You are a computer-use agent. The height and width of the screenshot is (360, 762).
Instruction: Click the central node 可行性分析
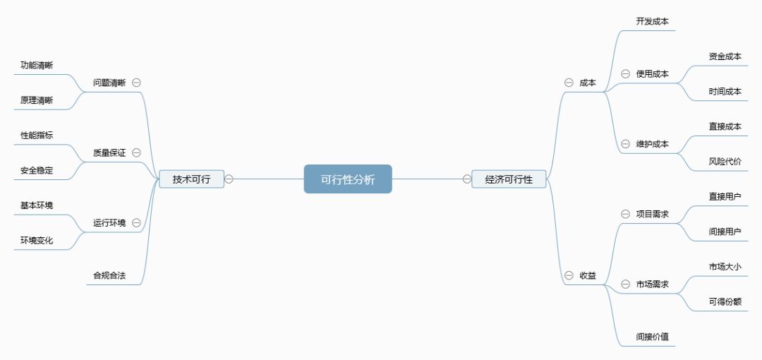(x=348, y=179)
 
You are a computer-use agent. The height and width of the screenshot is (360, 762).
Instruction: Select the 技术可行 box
(x=191, y=179)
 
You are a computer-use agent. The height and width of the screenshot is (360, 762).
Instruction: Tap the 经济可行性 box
(x=509, y=179)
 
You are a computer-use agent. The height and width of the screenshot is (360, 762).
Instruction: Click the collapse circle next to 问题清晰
(x=136, y=82)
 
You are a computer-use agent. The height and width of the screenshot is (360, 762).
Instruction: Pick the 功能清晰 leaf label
(x=37, y=65)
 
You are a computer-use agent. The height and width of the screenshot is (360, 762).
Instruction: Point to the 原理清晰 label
(x=37, y=100)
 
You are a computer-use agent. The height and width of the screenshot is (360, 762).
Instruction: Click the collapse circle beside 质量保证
(x=136, y=152)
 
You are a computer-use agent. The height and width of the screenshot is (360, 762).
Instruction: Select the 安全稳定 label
(x=37, y=170)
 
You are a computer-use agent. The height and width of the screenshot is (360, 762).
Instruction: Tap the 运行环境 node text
(x=109, y=223)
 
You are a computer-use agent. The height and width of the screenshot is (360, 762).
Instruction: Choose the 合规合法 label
(x=109, y=276)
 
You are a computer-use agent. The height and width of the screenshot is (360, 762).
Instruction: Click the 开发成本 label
(x=653, y=21)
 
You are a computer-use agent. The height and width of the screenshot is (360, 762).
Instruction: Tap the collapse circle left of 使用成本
(x=625, y=73)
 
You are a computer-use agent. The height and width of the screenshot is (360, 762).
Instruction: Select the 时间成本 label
(x=725, y=91)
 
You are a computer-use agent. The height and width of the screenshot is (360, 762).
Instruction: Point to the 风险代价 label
(x=725, y=162)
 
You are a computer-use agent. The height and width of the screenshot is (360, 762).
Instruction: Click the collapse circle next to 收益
(x=569, y=275)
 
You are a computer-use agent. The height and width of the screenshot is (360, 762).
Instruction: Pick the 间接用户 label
(x=725, y=231)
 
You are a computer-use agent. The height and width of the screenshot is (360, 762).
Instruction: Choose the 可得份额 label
(x=725, y=301)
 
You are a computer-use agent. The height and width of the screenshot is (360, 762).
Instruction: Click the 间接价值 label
(x=653, y=337)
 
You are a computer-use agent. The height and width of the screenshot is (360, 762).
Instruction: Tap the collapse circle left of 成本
(x=569, y=83)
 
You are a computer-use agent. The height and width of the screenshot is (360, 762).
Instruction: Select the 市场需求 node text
(x=653, y=284)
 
